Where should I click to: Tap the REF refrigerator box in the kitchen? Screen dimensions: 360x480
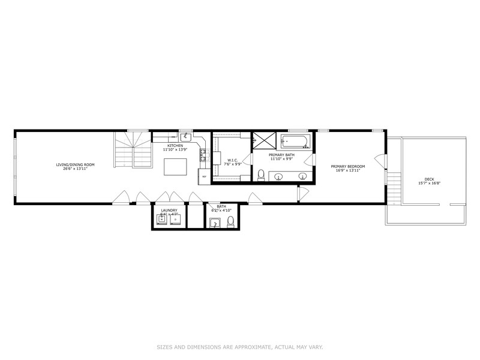click(x=204, y=176)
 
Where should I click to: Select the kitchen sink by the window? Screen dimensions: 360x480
click(x=187, y=137)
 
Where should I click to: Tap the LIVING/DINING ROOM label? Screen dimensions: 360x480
click(x=76, y=164)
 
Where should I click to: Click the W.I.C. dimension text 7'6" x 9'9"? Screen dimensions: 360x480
click(x=232, y=164)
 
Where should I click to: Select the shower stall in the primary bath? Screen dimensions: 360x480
click(x=262, y=140)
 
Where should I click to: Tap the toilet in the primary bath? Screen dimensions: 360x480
click(x=261, y=175)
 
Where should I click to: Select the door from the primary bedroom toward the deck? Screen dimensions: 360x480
click(x=380, y=161)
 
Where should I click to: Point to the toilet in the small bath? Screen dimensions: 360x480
click(x=230, y=223)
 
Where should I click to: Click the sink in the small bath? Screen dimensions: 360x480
click(x=216, y=224)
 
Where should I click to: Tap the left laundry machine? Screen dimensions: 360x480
click(x=162, y=220)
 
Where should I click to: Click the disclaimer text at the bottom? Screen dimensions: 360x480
click(x=239, y=347)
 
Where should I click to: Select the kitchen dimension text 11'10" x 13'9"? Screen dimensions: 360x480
click(x=175, y=149)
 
